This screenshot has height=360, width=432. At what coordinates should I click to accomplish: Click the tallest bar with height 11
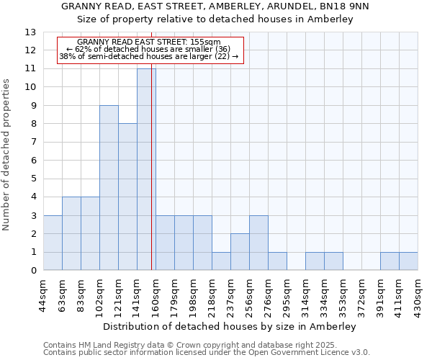pos(146,169)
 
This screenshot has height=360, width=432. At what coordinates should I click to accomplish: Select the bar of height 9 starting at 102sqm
pos(109,188)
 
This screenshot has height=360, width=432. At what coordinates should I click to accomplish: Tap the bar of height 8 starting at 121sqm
pos(127,197)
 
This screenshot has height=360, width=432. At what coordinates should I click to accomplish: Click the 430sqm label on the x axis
pos(418,296)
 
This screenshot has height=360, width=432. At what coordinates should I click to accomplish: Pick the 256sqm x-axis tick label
pos(249,296)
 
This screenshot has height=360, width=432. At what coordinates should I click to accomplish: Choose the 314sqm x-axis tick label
pos(305,296)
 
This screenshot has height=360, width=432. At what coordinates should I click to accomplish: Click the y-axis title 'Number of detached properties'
pos(7,155)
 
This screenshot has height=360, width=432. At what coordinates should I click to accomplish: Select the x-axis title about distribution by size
pos(230,326)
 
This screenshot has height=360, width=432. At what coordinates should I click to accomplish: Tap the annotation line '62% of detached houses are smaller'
pos(149,49)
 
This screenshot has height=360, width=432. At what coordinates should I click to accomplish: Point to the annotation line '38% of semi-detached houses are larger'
pos(149,56)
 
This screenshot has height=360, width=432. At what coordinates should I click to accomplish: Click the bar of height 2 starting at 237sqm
pos(240,252)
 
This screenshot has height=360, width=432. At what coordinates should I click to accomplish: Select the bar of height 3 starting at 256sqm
pos(258,243)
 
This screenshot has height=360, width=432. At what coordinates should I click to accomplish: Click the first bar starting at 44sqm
pos(53,243)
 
